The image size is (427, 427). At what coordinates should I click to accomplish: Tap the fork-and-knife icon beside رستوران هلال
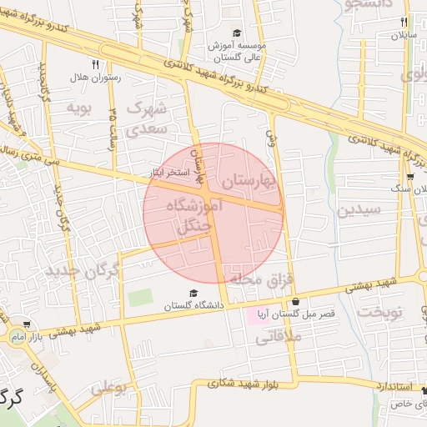point(96,64)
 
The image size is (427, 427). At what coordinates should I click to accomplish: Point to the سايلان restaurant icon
point(404,23)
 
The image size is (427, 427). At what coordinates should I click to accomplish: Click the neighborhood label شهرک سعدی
point(148,118)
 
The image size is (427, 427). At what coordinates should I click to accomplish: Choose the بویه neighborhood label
point(78,107)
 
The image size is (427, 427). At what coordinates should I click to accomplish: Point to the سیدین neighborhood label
point(359,208)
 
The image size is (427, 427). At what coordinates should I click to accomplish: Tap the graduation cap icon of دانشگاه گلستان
point(193,294)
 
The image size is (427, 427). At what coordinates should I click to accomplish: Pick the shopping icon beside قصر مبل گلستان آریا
point(294,302)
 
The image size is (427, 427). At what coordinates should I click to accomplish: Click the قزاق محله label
point(263,279)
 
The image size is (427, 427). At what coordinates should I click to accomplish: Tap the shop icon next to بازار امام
point(28,324)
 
